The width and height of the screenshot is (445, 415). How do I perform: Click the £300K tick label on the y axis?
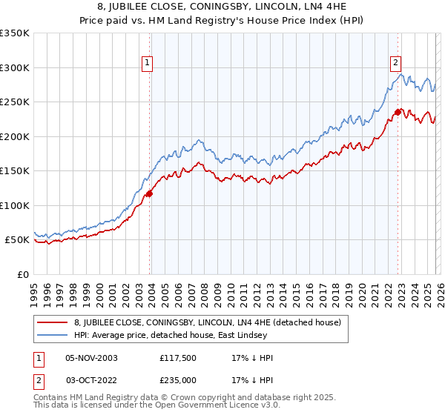[x=15, y=67]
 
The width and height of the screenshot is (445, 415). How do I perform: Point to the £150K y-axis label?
[x=15, y=170]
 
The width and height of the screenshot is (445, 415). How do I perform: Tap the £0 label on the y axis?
[x=22, y=274]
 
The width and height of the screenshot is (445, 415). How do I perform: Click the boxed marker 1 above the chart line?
[x=148, y=64]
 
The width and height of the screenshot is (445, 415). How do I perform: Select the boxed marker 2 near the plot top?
[x=396, y=64]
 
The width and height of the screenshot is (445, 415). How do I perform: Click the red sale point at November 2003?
[x=149, y=193]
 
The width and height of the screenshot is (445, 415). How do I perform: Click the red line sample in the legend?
[x=53, y=323]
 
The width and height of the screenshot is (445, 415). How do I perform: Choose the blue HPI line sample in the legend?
[x=53, y=336]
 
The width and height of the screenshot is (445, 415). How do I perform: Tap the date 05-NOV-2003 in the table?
[x=91, y=358]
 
